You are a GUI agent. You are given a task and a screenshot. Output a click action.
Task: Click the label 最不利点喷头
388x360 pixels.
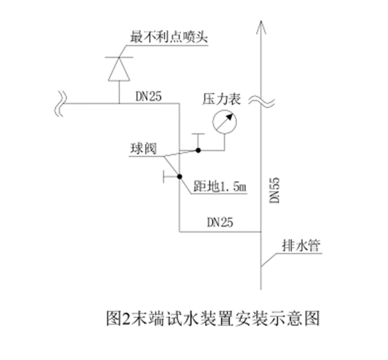(169, 36)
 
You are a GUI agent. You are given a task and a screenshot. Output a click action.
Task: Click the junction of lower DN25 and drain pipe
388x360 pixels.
(261, 232)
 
